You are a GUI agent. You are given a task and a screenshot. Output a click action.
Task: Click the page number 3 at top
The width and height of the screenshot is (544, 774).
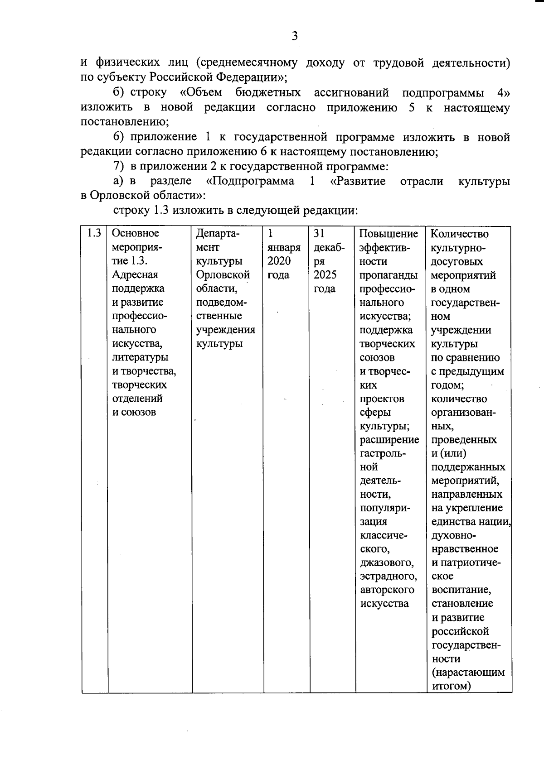294,36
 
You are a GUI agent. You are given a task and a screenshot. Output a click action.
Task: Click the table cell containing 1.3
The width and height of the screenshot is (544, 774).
94,233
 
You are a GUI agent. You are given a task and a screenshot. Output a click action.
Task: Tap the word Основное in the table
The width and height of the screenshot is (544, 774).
136,233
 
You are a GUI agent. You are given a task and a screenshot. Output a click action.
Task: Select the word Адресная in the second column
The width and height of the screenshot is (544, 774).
135,275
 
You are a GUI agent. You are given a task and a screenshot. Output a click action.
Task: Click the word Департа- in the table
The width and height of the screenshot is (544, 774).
218,234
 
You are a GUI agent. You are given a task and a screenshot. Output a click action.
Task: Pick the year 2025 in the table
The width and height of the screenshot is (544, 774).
325,275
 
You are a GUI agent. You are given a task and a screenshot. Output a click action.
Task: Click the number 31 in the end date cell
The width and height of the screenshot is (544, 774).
319,233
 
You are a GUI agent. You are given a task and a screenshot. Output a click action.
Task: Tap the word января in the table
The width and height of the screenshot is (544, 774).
284,248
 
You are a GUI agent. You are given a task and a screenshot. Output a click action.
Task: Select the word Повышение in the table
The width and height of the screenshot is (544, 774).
389,234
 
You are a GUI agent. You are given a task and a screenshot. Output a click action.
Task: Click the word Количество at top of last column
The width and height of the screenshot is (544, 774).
459,234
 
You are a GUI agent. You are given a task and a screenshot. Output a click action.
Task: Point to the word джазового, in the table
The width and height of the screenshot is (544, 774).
387,563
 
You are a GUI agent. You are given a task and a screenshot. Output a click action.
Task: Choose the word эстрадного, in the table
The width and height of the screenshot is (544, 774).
388,577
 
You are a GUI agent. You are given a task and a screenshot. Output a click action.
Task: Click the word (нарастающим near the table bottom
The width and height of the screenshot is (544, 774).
468,673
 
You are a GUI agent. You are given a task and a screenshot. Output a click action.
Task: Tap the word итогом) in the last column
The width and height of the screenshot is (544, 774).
451,686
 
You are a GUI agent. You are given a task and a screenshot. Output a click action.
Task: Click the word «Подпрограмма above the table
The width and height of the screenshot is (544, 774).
250,182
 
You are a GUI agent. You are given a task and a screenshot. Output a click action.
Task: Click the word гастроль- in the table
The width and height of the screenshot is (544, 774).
383,453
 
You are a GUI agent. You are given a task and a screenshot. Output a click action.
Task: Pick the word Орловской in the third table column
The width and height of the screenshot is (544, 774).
223,275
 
